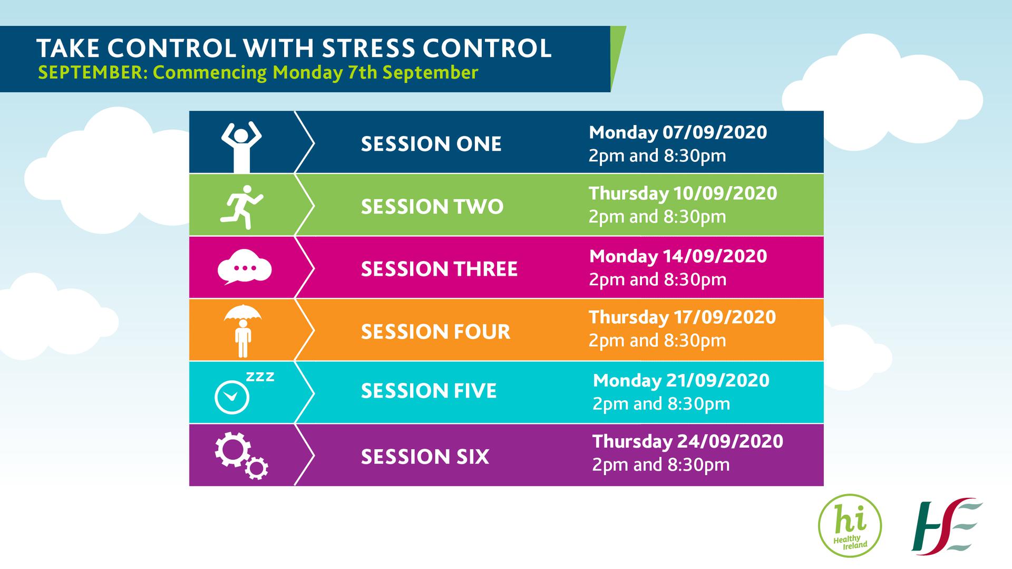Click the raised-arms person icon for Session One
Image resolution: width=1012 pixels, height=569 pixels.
[241, 147]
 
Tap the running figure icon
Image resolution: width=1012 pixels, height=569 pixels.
[241, 207]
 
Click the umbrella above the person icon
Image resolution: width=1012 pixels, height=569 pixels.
[242, 313]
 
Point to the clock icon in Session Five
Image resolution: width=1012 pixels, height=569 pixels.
[232, 397]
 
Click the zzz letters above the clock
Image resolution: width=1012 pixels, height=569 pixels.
[260, 377]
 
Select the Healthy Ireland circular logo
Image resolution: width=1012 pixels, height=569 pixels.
[850, 526]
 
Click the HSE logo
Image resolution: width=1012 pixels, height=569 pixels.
[947, 525]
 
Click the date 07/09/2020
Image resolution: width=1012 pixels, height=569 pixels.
[715, 132]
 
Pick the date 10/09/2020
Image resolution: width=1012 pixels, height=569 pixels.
[726, 193]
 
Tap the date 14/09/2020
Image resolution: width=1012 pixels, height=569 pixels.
[715, 256]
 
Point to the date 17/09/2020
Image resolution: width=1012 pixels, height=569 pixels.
[725, 317]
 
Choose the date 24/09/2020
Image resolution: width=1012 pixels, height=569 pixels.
[730, 441]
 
